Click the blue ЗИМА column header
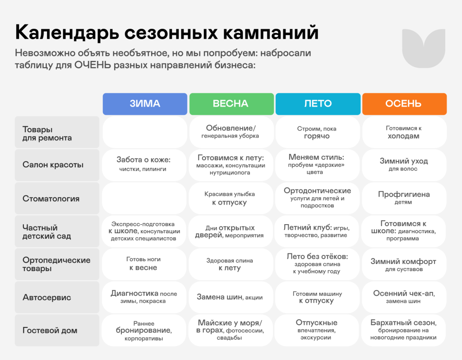point(145,104)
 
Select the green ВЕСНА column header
point(231,104)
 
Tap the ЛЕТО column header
point(318,104)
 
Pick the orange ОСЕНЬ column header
point(405,104)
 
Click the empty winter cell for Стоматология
point(144,198)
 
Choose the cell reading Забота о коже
point(144,165)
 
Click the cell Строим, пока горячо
point(318,132)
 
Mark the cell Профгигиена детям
point(404,198)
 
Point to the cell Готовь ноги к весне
point(144,264)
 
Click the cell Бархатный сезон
point(403,330)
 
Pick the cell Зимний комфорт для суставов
point(404,264)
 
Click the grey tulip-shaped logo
point(424,48)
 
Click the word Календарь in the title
point(67,32)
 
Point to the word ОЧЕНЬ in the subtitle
point(92,65)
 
